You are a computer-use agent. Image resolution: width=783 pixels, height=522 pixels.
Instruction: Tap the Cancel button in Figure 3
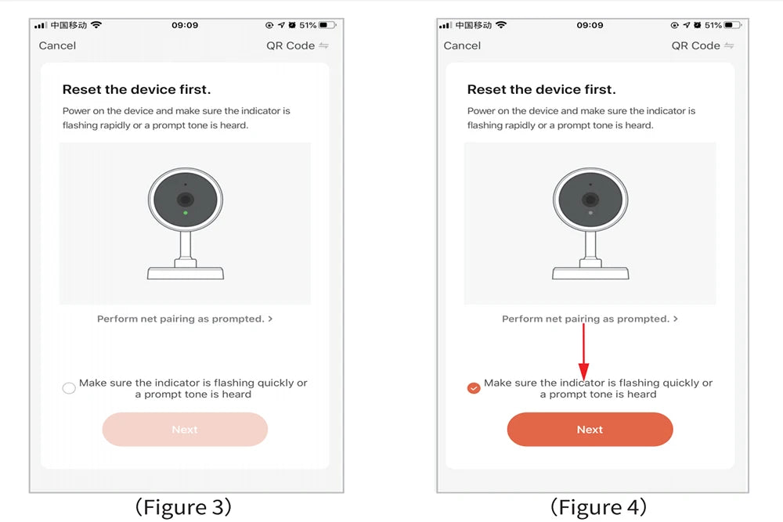pos(57,45)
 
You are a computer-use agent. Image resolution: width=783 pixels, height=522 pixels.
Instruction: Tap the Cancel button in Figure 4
pos(462,45)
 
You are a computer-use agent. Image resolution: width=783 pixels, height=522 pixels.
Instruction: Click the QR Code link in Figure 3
pos(297,45)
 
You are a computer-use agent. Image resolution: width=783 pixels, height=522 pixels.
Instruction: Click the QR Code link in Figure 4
pos(702,45)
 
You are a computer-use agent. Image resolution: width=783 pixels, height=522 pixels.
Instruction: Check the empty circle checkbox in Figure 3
pos(69,387)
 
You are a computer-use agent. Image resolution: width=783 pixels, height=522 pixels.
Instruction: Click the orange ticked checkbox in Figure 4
pos(474,387)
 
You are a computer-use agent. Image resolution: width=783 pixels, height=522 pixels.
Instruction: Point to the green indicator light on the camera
pos(186,213)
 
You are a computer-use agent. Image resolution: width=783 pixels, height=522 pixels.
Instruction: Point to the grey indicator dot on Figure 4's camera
pos(590,213)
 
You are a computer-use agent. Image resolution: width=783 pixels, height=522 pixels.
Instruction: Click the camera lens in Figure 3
pos(186,200)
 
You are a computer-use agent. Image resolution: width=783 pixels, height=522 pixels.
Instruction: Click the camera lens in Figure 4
pos(590,200)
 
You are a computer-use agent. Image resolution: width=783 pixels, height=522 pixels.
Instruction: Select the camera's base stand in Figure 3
pos(186,273)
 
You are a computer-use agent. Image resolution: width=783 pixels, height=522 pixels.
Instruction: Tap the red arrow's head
pos(583,371)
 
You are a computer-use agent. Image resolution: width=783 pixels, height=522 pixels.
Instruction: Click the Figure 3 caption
pos(183,507)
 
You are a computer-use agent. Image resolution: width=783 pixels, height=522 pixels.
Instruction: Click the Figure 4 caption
pos(598,507)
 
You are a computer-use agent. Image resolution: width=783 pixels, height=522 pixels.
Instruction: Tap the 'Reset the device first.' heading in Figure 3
pos(136,89)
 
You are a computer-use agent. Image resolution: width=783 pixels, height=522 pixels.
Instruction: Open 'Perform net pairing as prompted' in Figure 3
pos(185,319)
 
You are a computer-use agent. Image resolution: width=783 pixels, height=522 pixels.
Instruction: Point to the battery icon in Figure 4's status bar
pos(733,25)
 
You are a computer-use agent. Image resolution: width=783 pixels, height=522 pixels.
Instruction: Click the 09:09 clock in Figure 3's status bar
pos(185,25)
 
